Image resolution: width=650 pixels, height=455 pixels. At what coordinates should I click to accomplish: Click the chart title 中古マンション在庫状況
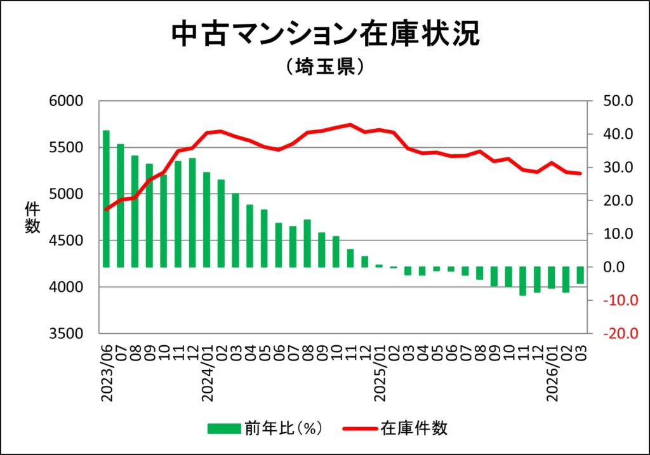325,34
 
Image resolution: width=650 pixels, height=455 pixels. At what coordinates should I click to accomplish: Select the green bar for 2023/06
106,199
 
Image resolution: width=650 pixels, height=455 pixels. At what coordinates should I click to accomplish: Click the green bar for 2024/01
207,220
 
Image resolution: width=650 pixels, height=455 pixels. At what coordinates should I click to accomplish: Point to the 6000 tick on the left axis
66,101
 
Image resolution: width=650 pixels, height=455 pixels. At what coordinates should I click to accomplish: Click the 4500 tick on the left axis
66,241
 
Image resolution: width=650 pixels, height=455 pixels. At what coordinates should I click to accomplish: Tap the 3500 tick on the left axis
66,334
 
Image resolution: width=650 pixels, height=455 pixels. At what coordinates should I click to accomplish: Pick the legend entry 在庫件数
414,428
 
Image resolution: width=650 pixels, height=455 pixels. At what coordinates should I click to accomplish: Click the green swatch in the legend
223,429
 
